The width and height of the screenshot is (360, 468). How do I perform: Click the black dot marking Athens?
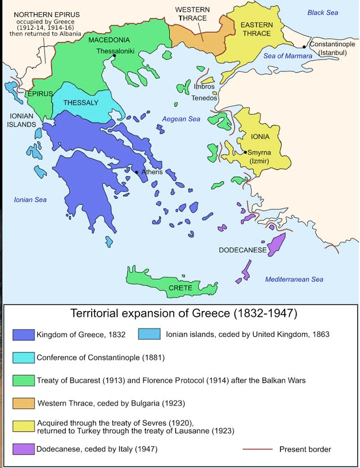(137, 172)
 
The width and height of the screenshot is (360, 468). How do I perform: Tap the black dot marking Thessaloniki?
(114, 56)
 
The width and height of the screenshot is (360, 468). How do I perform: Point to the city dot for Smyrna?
(245, 152)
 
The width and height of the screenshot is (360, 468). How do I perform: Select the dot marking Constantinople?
(304, 47)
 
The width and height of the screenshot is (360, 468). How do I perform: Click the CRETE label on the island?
(181, 288)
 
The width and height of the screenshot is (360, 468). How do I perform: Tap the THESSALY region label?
(80, 103)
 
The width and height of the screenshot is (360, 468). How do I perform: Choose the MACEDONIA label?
(109, 40)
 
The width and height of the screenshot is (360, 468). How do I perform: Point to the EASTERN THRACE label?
(258, 30)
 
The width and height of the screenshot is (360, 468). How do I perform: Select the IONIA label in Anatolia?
(260, 137)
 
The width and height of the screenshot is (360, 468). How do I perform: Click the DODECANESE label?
(242, 250)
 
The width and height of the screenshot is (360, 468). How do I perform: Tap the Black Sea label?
(323, 12)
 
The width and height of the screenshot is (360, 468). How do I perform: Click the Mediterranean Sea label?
(294, 279)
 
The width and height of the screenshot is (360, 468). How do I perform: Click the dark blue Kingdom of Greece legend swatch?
(22, 334)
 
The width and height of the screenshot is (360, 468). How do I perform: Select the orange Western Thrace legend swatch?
(22, 403)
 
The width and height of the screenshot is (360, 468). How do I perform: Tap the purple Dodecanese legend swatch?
(22, 449)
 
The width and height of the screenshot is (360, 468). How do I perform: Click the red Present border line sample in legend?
(256, 449)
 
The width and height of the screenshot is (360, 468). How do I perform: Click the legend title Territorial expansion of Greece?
(183, 313)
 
